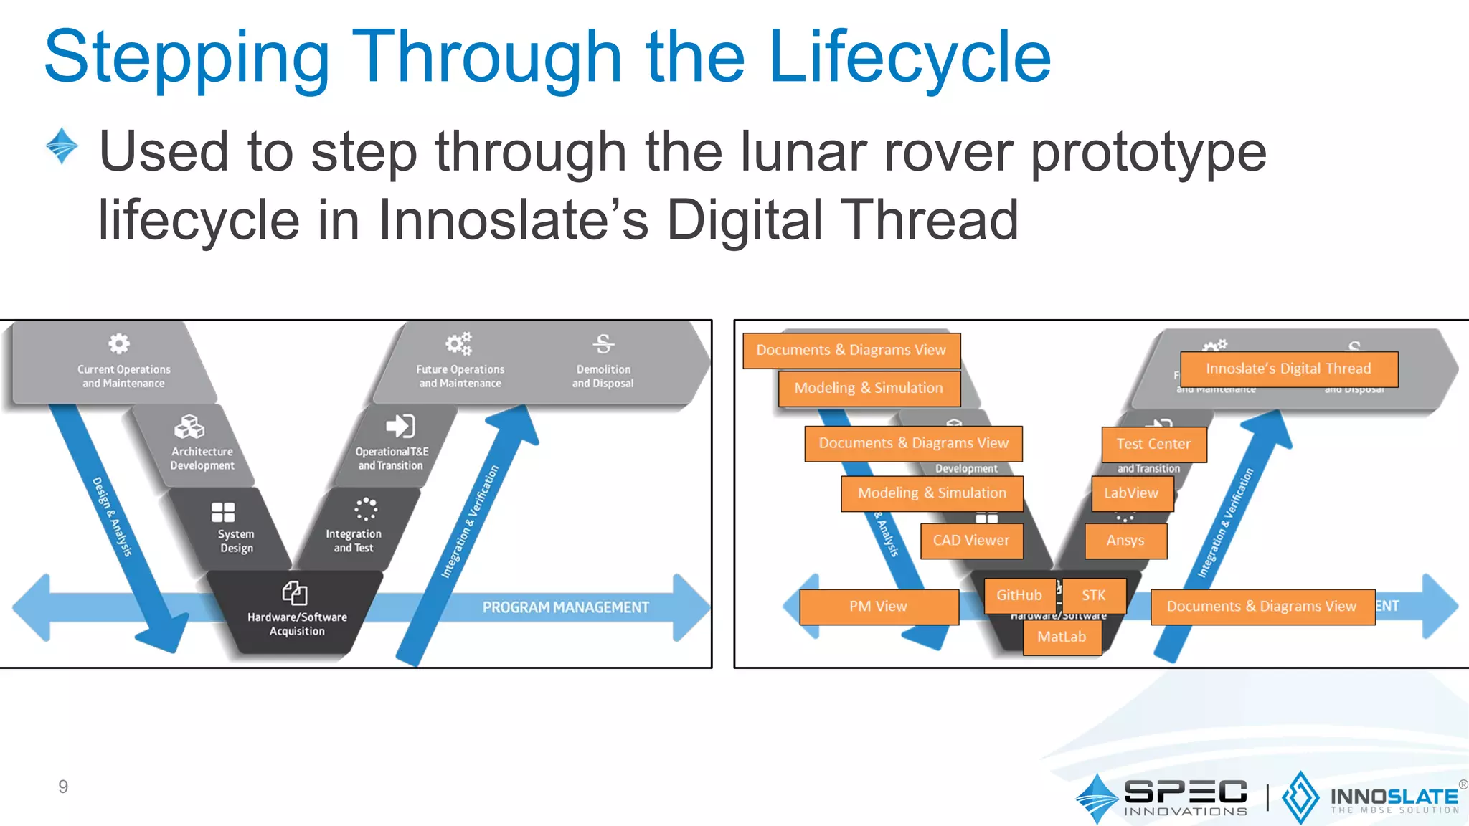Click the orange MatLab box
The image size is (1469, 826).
(1062, 637)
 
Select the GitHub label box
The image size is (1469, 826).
(1019, 595)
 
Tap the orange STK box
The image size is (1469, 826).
(1094, 595)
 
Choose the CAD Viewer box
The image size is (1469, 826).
(971, 541)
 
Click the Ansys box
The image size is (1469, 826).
(1125, 541)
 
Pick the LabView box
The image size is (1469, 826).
(1131, 493)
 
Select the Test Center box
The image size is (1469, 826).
(1153, 444)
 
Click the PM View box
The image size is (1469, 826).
(879, 607)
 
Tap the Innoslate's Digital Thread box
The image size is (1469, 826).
(1288, 369)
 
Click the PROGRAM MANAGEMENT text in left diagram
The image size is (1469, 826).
(565, 607)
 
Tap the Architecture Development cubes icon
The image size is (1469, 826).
(189, 427)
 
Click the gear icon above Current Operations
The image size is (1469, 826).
(119, 343)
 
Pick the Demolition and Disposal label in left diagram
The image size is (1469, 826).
(603, 376)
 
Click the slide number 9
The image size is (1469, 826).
(63, 787)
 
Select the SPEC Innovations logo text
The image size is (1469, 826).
(1186, 797)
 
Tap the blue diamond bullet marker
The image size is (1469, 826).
(62, 146)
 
